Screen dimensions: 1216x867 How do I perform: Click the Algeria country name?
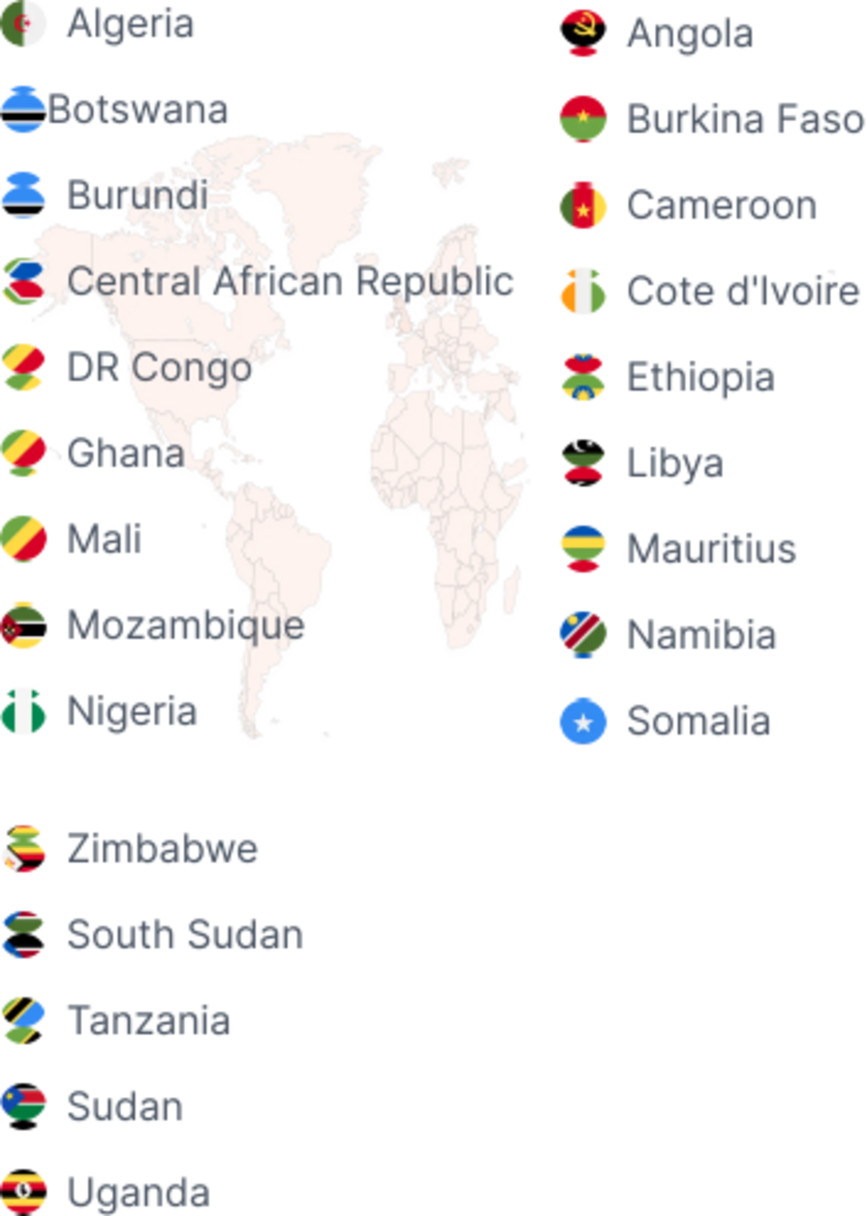[x=132, y=25]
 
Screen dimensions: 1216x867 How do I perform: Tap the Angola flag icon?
[x=583, y=34]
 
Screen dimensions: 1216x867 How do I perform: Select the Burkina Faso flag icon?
[x=583, y=118]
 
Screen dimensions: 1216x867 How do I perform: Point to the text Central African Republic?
[x=282, y=282]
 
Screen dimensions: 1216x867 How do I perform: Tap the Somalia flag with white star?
[x=583, y=721]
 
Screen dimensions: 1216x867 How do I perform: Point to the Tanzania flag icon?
[x=24, y=1021]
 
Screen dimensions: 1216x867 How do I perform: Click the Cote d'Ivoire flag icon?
[x=583, y=291]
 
